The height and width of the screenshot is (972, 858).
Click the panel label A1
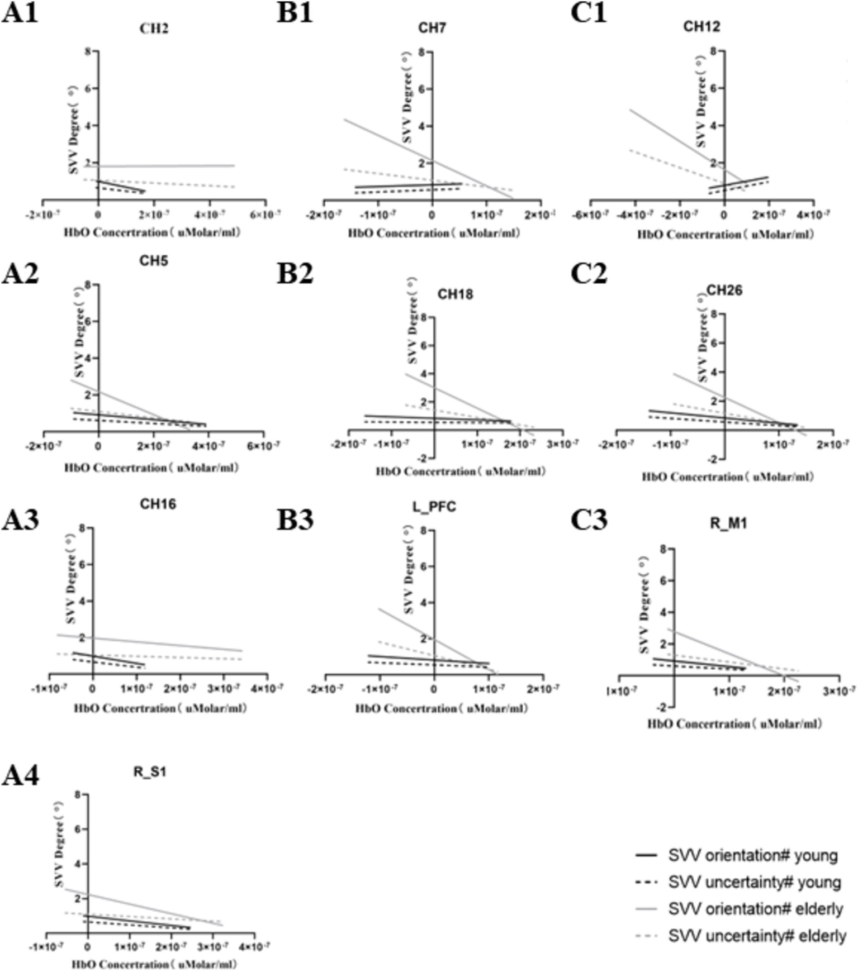[20, 12]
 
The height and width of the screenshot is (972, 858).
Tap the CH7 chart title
[432, 27]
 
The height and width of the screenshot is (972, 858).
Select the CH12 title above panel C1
[701, 26]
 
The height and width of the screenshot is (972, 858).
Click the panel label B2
[295, 273]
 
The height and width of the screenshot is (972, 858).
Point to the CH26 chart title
[724, 290]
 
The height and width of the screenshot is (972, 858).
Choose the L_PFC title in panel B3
[434, 507]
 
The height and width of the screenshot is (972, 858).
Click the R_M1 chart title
[728, 523]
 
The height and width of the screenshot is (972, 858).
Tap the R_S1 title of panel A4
[150, 772]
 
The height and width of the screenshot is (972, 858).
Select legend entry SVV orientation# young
[752, 856]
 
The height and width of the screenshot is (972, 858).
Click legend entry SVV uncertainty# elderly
[757, 936]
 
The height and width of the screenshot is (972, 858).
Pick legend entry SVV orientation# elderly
[755, 909]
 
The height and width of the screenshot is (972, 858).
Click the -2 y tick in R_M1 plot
[662, 707]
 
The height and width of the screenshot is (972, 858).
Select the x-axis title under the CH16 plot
[160, 708]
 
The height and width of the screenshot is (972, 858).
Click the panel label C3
[589, 520]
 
